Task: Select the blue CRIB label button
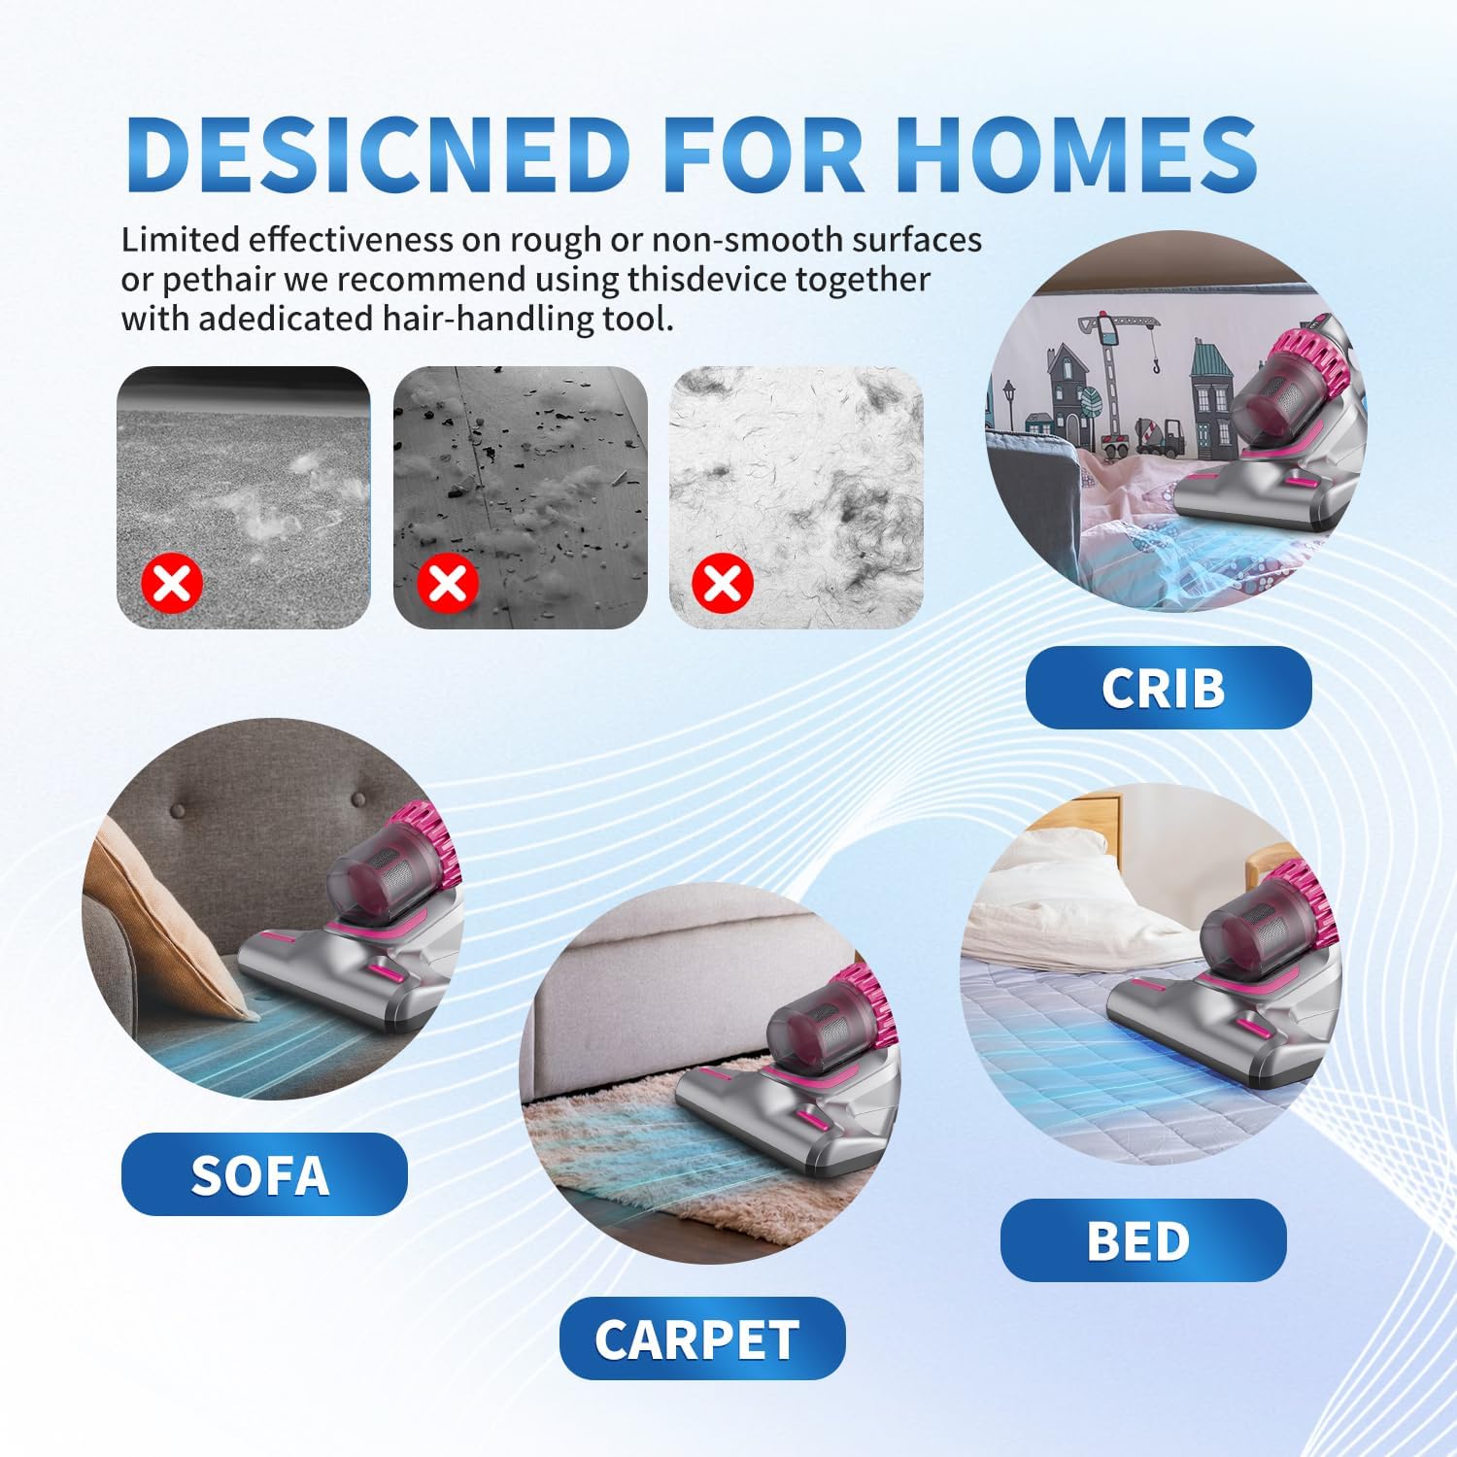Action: coord(1168,688)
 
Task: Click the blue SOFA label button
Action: coord(263,1174)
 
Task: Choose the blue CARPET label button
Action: coord(701,1338)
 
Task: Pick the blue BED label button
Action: coord(1142,1240)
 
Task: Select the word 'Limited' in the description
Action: coord(180,239)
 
